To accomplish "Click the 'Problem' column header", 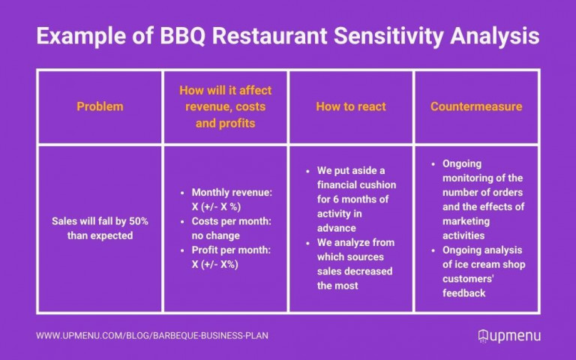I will pos(99,106).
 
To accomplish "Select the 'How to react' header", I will pos(351,106).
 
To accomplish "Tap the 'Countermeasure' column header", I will pos(476,106).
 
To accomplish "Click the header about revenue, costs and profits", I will pos(225,106).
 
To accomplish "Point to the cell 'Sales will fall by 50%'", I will pos(99,222).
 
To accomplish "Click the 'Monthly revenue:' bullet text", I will pos(231,193).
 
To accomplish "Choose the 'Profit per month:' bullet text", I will pos(231,250).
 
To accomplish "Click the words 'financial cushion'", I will pos(356,184).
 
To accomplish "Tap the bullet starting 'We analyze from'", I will pos(355,242).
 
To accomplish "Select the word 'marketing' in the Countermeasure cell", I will pos(466,221).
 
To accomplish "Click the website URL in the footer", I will pos(152,335).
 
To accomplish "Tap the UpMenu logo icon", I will pos(484,335).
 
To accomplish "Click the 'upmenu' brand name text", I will pos(517,335).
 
